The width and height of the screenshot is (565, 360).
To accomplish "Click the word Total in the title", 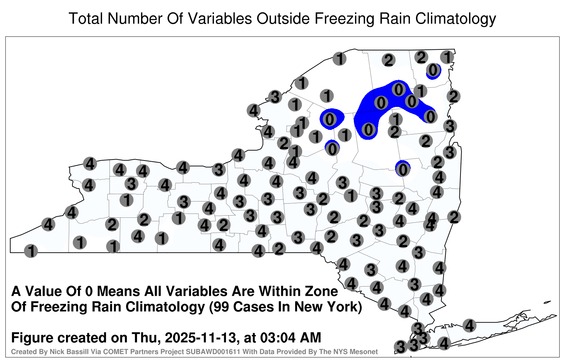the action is (86, 18).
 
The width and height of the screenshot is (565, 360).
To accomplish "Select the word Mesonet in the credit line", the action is (366, 352).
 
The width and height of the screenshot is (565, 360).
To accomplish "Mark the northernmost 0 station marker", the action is (433, 70).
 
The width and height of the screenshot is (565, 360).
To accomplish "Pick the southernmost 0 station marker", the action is (403, 169).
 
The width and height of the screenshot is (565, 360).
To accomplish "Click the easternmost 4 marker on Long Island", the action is (469, 325).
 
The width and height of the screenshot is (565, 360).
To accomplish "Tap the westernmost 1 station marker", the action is (31, 251).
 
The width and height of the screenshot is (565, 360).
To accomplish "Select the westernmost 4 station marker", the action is (48, 224).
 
